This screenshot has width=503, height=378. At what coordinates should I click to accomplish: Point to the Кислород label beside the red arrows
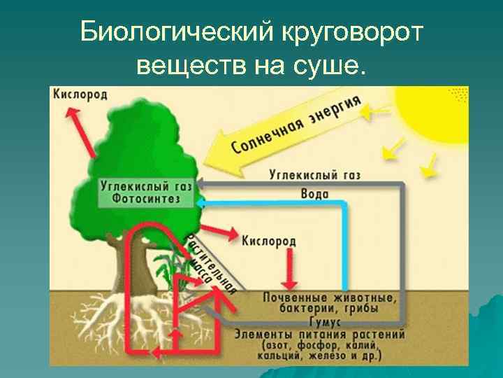point(270,241)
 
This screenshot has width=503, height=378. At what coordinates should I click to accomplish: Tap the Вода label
point(314,193)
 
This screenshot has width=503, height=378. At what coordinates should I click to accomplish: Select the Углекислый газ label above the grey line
point(314,175)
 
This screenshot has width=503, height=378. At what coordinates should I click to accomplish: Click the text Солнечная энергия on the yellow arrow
point(297,126)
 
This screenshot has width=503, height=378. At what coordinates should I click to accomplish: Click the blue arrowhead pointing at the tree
point(201,202)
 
